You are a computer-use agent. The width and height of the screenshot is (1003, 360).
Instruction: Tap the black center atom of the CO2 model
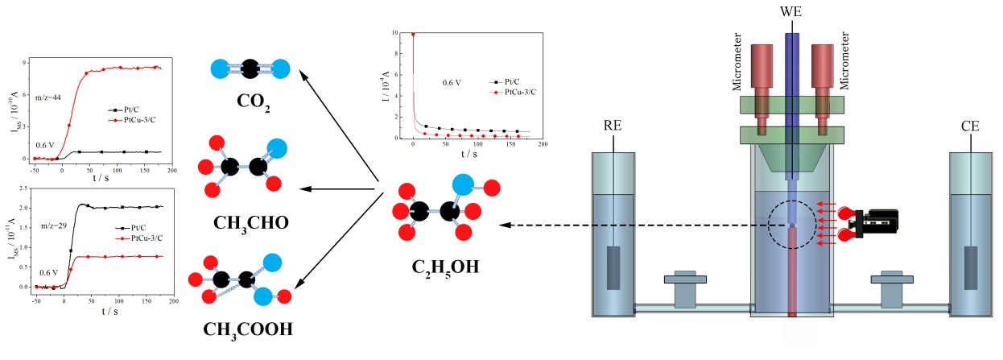click(250, 70)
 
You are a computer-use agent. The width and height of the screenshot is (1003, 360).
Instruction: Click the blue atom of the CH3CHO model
click(276, 148)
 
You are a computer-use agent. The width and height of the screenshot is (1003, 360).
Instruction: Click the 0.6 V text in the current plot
click(452, 82)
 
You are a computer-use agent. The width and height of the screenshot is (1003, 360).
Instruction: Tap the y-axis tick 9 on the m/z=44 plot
click(27, 61)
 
